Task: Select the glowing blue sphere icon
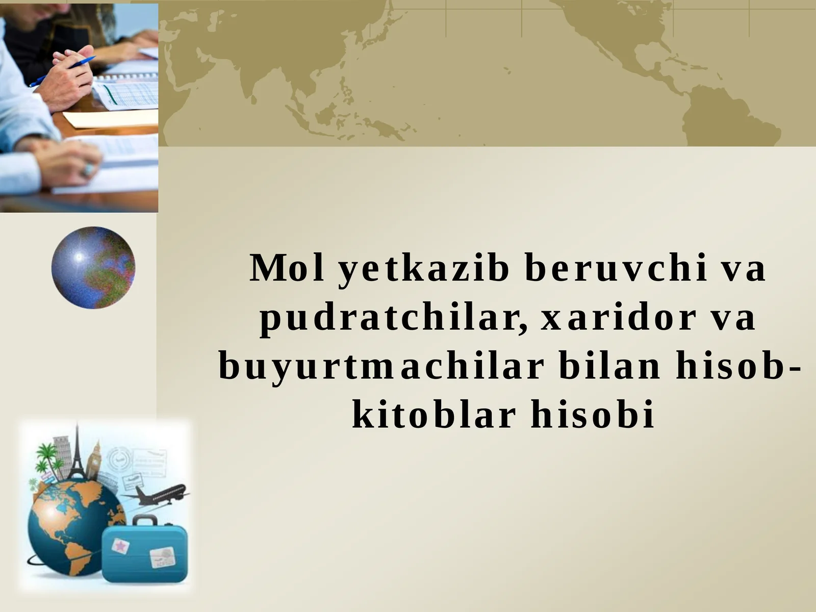tap(93, 267)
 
